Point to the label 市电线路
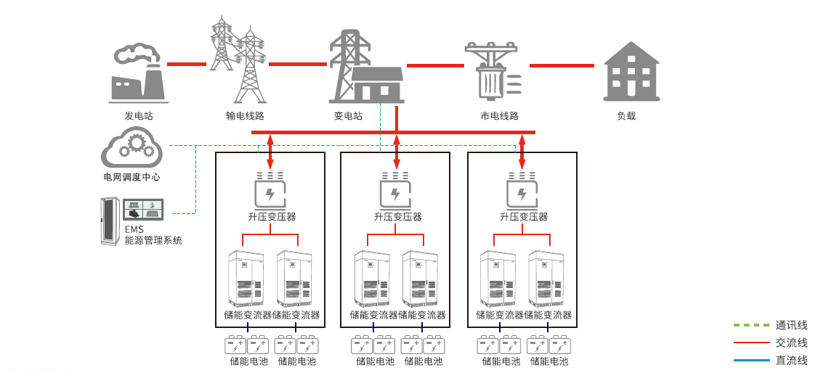point(499,115)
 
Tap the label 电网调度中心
point(131,177)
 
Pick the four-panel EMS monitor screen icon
point(143,210)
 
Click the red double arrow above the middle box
point(396,151)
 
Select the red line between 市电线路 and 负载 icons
point(562,65)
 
